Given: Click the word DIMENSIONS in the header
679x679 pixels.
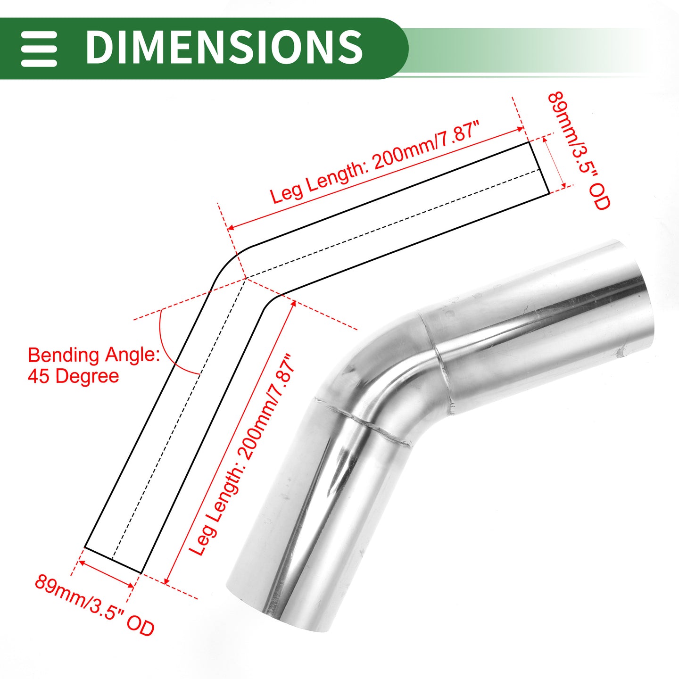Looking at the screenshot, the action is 224,47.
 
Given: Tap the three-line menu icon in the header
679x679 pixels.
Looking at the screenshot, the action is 39,49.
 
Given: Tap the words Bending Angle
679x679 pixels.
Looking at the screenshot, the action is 94,355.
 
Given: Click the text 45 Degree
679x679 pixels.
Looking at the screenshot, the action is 73,376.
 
